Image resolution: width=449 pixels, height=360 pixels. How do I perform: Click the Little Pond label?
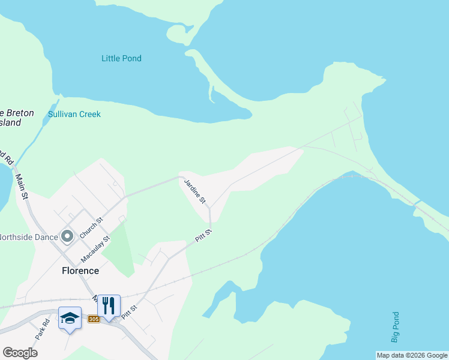coord(121,58)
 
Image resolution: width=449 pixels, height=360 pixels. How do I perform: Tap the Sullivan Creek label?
coord(74,114)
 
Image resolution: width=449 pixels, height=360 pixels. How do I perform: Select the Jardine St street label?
coord(195,191)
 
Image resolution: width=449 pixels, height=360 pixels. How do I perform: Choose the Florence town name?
coord(80,271)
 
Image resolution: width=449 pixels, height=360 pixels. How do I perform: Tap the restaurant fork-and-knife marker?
coord(109,306)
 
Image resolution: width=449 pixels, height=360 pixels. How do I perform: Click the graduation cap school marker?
coord(70,318)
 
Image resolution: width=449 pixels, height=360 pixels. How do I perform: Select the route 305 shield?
coord(93,319)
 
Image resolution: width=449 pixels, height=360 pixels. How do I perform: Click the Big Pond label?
coord(395,327)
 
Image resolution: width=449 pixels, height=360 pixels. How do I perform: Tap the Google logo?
coord(20,353)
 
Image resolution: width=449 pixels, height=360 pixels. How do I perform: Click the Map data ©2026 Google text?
coord(412,355)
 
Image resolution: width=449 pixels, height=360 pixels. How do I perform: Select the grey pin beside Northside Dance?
coord(67,236)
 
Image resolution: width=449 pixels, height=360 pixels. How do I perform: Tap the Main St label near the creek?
coord(22,187)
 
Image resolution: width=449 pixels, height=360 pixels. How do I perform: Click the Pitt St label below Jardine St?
coord(203,235)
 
